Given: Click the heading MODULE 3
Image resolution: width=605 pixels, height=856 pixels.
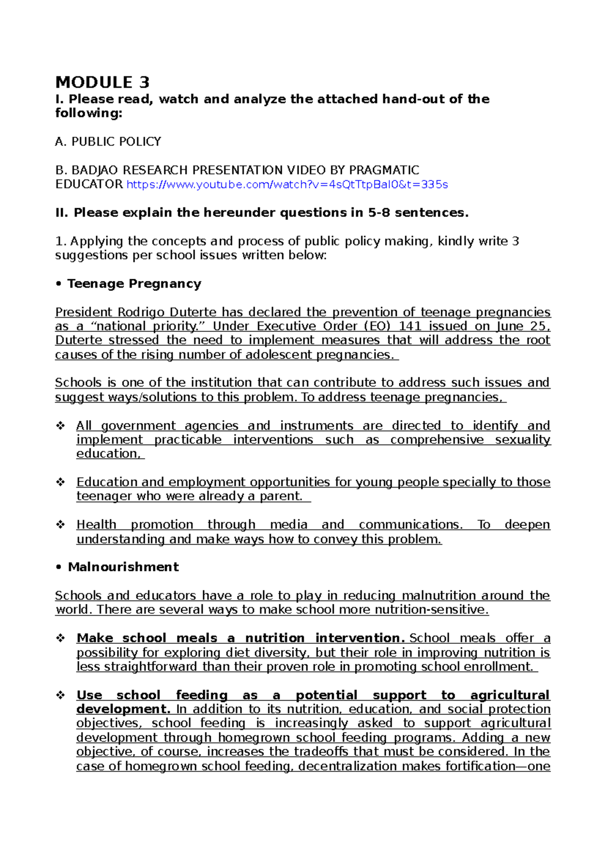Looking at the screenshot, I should [102, 82].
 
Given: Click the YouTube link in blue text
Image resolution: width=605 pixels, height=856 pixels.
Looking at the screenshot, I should [286, 185].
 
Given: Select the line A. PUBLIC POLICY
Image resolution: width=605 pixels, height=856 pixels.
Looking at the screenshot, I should [108, 142].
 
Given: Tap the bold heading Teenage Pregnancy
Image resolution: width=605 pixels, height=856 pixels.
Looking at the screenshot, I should [134, 284].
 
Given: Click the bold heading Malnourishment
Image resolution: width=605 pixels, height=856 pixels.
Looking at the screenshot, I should [123, 567].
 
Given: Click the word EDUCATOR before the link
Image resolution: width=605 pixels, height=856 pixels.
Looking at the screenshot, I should [89, 185].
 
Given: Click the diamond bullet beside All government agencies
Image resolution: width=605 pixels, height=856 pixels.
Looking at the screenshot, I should [60, 426].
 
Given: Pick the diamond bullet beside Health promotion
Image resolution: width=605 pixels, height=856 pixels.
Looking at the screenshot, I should [60, 525].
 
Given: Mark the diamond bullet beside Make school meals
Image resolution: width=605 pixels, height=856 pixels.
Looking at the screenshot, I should [60, 638].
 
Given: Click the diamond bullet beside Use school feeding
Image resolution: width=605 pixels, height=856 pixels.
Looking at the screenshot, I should [60, 695].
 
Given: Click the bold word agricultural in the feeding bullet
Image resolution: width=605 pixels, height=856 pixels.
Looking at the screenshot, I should [509, 695].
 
